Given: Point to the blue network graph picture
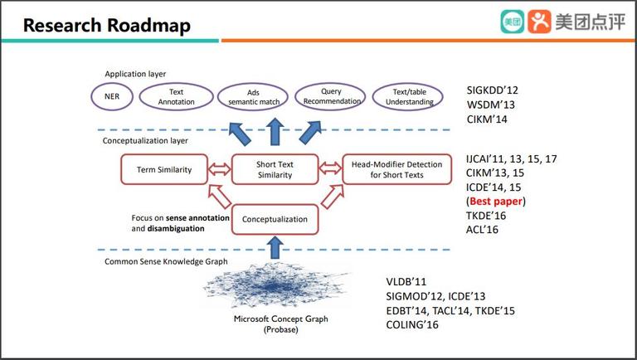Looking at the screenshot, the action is pos(275,286).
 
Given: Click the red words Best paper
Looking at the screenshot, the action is pos(496,201).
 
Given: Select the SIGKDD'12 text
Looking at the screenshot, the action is pos(493,90).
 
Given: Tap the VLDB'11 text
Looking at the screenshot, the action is pos(406,281).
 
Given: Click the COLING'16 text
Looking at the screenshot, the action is pos(412,324).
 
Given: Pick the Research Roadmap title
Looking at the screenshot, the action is pos(107,25).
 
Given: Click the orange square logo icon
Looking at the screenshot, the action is pos(539,22).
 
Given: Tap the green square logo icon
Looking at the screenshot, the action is pos(513,22).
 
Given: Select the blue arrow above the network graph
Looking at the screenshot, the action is pos(275,247).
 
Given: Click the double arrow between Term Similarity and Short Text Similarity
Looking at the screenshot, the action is pos(219,168).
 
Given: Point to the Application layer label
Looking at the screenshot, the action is pos(135,74).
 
